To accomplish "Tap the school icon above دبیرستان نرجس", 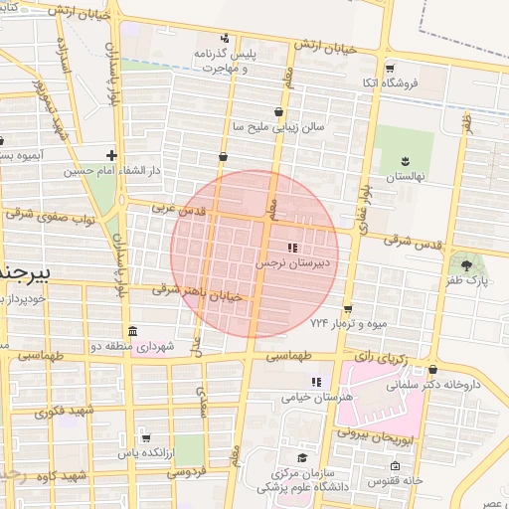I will click(x=291, y=248).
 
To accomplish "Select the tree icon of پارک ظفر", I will click(x=467, y=263).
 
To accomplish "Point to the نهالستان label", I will click(x=405, y=176).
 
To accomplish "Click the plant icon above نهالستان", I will click(x=405, y=160).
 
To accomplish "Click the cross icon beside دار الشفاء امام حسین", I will click(x=111, y=155).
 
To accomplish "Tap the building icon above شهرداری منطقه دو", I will click(x=133, y=331).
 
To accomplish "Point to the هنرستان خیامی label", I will click(x=317, y=397).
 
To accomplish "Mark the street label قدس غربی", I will click(x=176, y=210).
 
